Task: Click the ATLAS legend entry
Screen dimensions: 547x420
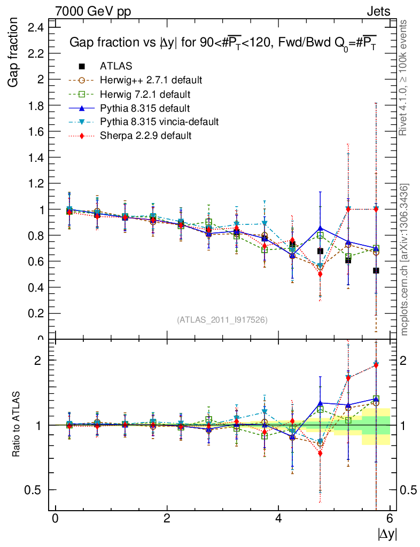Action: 116,66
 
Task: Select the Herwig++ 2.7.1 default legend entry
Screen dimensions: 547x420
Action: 151,80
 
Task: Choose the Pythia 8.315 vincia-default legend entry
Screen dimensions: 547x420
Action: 159,122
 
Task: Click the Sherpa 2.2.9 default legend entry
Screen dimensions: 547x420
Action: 145,136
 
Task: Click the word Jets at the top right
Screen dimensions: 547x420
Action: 378,11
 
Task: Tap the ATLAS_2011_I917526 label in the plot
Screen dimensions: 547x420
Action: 222,319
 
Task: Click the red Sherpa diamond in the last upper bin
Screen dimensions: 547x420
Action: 376,209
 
